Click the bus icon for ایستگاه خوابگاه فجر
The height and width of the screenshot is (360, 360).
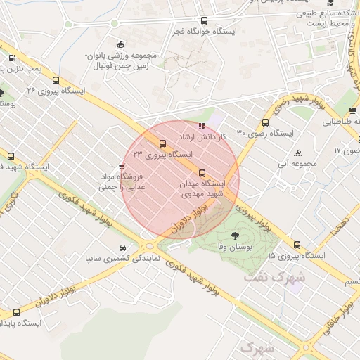204,21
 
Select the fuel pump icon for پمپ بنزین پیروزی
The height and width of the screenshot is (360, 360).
12,58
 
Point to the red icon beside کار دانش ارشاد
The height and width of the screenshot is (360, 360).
202,126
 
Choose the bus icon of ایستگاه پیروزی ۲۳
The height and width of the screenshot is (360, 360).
163,143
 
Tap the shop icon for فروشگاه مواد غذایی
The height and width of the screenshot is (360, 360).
122,167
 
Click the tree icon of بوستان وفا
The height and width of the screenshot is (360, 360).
233,236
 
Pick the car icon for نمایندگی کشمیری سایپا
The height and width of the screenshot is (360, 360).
123,248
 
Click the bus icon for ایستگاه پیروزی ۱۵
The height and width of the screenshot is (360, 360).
297,245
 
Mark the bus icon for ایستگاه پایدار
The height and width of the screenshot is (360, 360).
16,312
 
